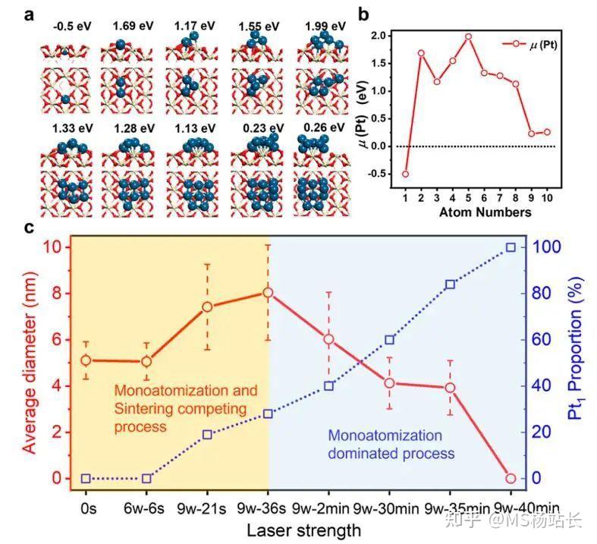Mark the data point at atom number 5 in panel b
coord(468,36)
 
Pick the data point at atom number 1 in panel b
coord(405,174)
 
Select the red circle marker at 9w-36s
coord(268,292)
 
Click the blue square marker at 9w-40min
coord(511,247)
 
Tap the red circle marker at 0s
coord(86,360)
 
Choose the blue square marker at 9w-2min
coord(328,386)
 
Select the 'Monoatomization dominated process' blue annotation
coord(391,445)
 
